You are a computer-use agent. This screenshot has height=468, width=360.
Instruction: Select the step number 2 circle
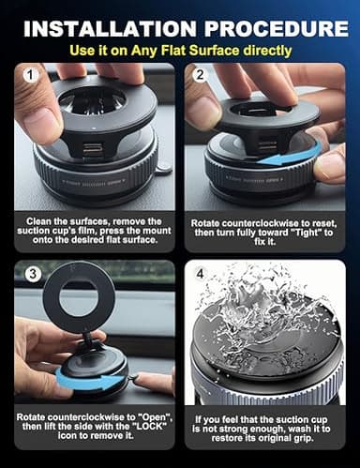[199, 73]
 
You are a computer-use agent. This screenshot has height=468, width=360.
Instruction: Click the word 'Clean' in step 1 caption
[42, 219]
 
